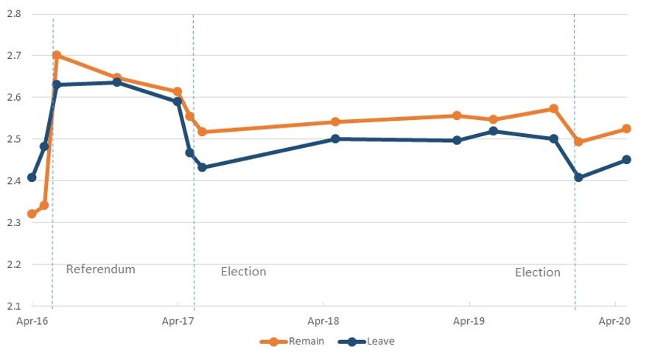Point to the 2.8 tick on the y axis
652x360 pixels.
13,14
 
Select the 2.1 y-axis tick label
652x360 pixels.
13,306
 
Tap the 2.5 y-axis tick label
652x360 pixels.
13,139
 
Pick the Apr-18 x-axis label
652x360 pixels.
323,321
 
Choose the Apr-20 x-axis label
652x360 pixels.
614,321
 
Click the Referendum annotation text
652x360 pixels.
101,269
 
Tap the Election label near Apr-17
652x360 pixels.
243,272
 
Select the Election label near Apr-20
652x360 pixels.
537,272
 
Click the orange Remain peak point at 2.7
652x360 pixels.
57,55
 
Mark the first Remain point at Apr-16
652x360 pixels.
32,214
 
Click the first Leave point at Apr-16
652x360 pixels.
32,177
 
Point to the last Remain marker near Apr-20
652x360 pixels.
627,129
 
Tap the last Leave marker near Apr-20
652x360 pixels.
627,160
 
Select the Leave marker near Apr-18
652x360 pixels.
335,138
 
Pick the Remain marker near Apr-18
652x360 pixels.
335,122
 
